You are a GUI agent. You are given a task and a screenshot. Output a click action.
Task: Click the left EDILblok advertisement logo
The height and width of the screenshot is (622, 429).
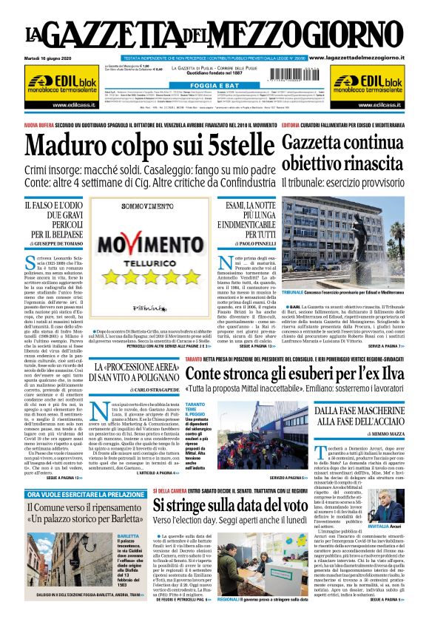(x=60, y=85)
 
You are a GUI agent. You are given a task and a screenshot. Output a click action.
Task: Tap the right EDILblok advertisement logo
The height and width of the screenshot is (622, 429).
(x=369, y=85)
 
